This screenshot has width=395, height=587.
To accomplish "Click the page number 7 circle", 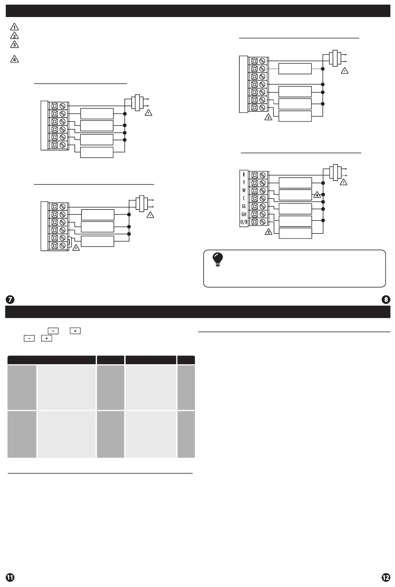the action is point(10,300).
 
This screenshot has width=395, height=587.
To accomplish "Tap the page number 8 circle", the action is point(386,300).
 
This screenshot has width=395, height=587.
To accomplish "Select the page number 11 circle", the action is point(10,577).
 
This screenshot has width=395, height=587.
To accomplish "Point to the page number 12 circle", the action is point(386,577).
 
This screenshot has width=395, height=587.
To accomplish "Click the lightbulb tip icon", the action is point(218,259).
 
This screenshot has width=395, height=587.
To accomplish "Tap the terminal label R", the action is point(244,175).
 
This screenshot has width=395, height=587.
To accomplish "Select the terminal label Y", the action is point(244,182).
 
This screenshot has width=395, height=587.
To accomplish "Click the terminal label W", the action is point(244,190).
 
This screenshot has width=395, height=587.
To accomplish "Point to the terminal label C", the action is point(244,198).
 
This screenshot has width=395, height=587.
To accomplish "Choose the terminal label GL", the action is point(244,206).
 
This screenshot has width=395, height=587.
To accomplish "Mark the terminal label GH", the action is point(244,214).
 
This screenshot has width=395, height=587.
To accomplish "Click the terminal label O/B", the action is point(244,222).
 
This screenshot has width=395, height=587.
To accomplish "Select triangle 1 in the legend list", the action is point(14,27).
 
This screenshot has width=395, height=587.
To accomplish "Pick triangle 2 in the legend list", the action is point(14,36).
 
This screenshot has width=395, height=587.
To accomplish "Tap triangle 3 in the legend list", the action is point(14,45).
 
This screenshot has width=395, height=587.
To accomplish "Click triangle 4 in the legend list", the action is point(14,59).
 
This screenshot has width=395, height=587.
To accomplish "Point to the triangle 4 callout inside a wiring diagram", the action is point(317,195).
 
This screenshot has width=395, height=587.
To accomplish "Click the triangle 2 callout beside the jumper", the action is point(76,248).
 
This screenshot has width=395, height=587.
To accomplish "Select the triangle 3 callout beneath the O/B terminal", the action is point(269,232).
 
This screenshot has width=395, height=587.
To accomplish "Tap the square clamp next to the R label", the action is point(255,175).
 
